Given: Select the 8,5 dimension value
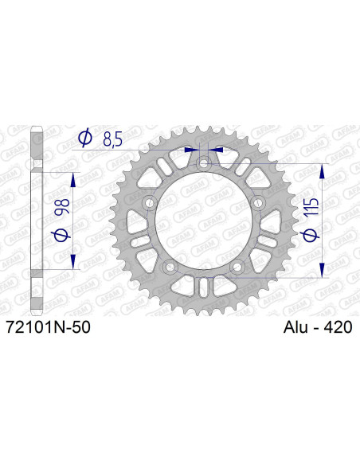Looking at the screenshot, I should (112, 140).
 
